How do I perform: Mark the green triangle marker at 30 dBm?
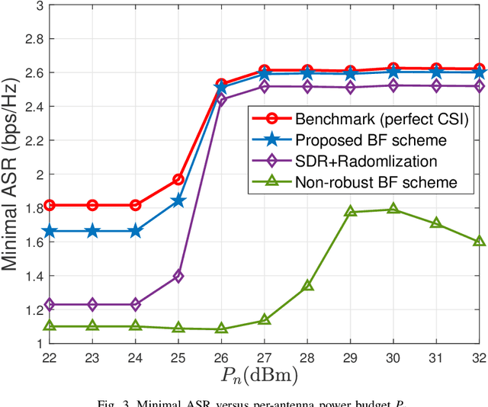pyautogui.click(x=393, y=209)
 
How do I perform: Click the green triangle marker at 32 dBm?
pyautogui.click(x=479, y=241)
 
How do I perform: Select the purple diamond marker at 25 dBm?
pyautogui.click(x=178, y=276)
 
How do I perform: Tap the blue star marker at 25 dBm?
pyautogui.click(x=178, y=201)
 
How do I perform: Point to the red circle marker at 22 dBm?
pyautogui.click(x=50, y=205)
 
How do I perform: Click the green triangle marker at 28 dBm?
pyautogui.click(x=307, y=286)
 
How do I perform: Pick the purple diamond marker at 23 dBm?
pyautogui.click(x=92, y=304)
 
